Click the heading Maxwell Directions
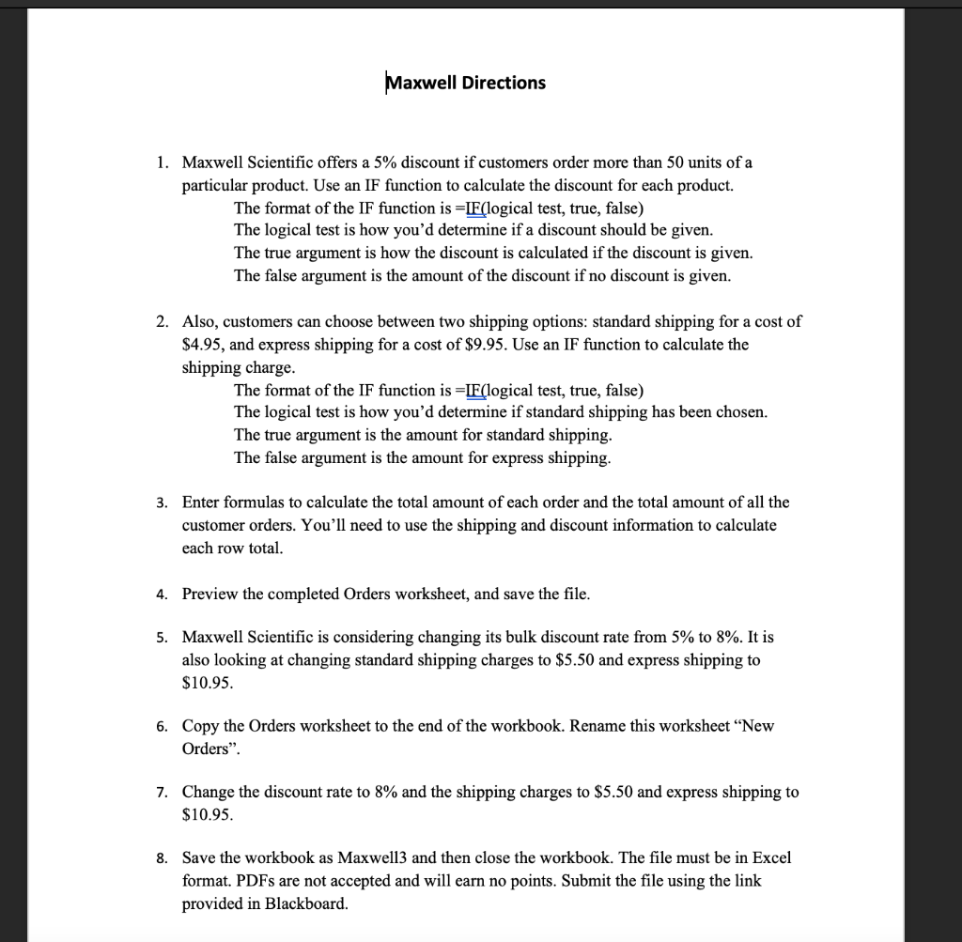tap(466, 83)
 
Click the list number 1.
tap(162, 162)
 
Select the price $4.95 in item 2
tap(199, 344)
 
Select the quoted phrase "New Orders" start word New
tap(756, 727)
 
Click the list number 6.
tap(162, 727)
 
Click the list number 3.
tap(162, 502)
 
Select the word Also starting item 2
tap(197, 321)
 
